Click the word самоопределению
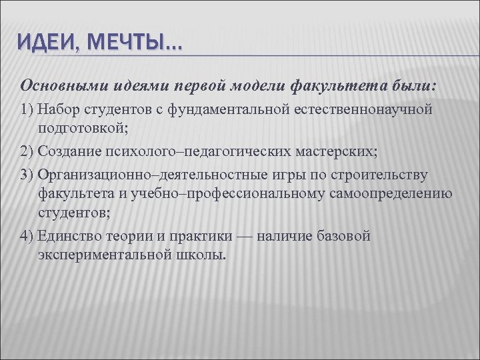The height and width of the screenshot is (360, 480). click(397, 194)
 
